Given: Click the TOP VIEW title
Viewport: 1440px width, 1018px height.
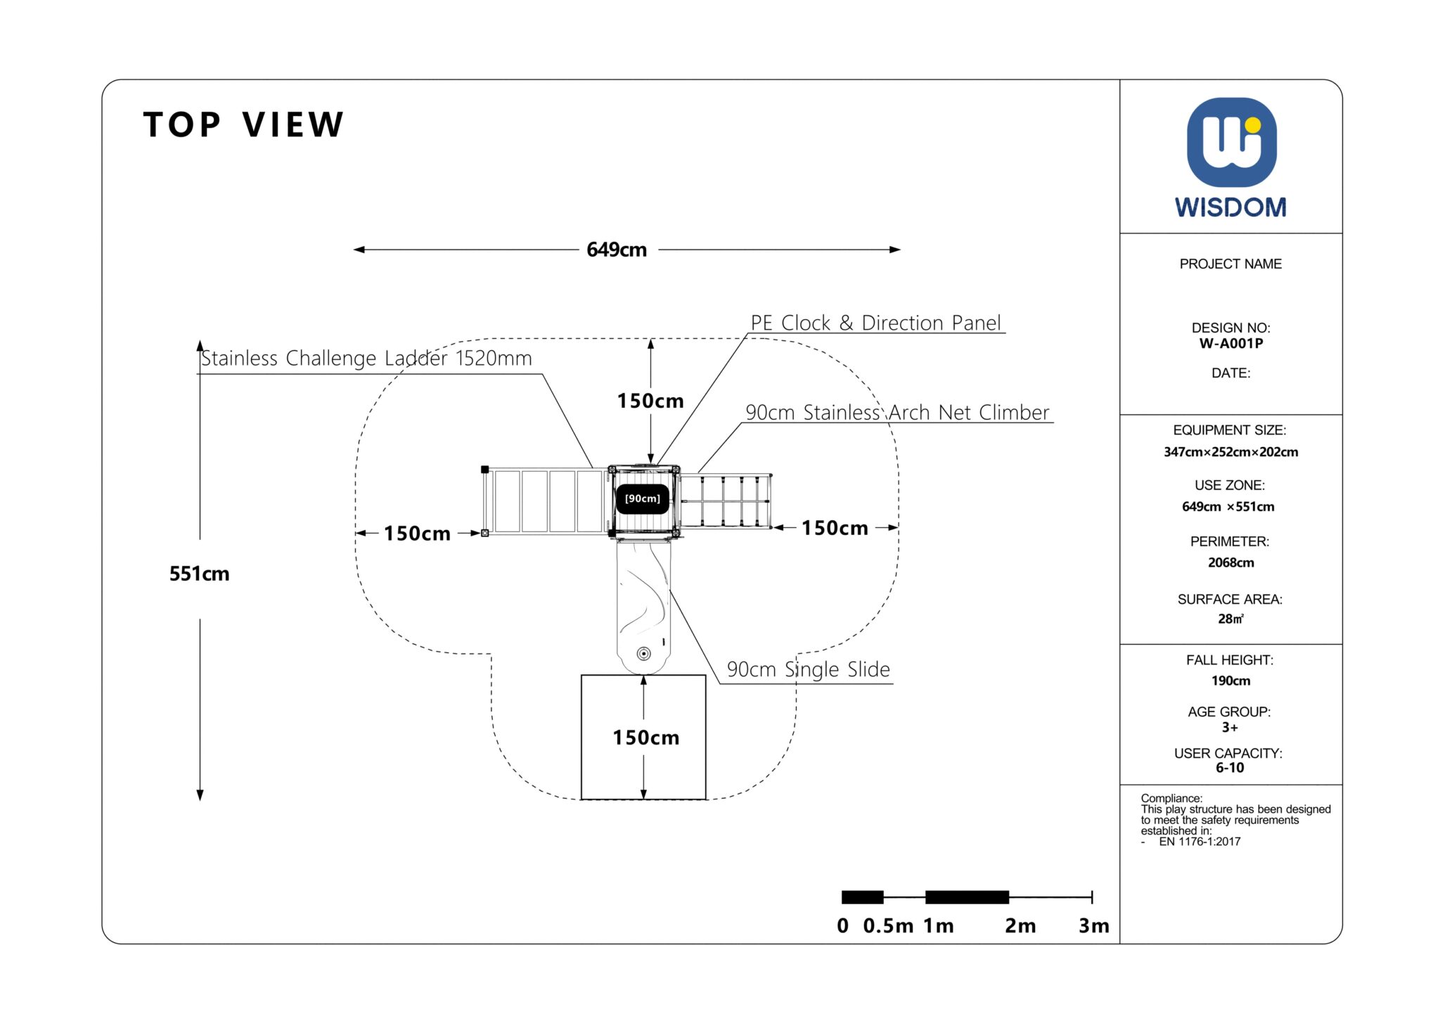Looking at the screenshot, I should [243, 124].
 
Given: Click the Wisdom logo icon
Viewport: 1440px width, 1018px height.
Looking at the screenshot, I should [1231, 143].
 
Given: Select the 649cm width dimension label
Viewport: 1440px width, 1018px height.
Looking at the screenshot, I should [617, 250].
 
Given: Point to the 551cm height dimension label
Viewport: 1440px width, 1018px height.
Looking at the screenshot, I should [199, 574].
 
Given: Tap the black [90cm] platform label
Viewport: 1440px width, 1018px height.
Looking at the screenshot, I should [643, 498].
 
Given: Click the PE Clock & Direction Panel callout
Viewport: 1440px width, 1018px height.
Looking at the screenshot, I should [875, 323].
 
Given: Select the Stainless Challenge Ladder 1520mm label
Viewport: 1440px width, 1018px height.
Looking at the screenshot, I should [366, 359].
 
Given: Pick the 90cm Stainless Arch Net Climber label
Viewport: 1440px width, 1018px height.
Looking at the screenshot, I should [897, 413].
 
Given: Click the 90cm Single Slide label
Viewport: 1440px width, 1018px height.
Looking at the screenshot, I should [808, 669].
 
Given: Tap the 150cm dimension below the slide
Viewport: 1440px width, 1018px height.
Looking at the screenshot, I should [645, 737].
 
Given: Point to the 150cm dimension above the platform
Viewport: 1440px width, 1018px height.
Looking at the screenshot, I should [650, 401].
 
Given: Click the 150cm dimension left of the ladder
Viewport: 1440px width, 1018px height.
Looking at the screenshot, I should [417, 534].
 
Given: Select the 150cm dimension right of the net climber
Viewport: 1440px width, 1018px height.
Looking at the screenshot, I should [835, 528].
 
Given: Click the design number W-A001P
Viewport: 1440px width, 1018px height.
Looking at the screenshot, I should [1230, 344].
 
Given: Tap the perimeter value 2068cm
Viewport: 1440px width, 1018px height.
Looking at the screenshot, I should [1230, 562].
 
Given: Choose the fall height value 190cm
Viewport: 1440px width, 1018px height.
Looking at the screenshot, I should [1230, 681].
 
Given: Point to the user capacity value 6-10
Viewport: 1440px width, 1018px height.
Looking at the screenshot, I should [1230, 768].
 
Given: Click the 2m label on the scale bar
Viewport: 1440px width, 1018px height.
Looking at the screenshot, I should [1020, 926].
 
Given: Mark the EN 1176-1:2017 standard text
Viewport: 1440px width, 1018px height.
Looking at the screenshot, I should [1200, 842].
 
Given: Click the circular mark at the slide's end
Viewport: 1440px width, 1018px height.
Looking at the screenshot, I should [643, 654].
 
